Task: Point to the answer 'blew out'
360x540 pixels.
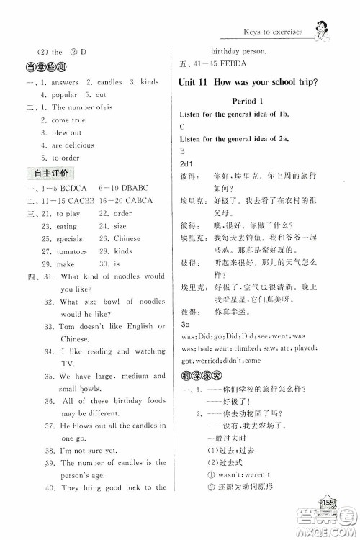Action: pos(66,132)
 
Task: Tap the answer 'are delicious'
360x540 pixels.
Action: pos(73,145)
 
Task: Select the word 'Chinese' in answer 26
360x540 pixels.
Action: pos(127,238)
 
